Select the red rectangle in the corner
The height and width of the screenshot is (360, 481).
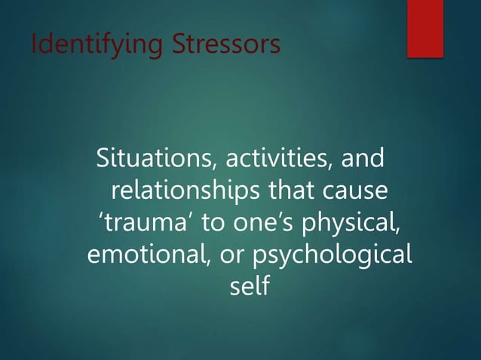(425, 29)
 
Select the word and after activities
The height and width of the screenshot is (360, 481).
(364, 160)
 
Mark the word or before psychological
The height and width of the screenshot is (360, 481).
(228, 255)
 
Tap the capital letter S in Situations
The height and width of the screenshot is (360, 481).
(104, 160)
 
